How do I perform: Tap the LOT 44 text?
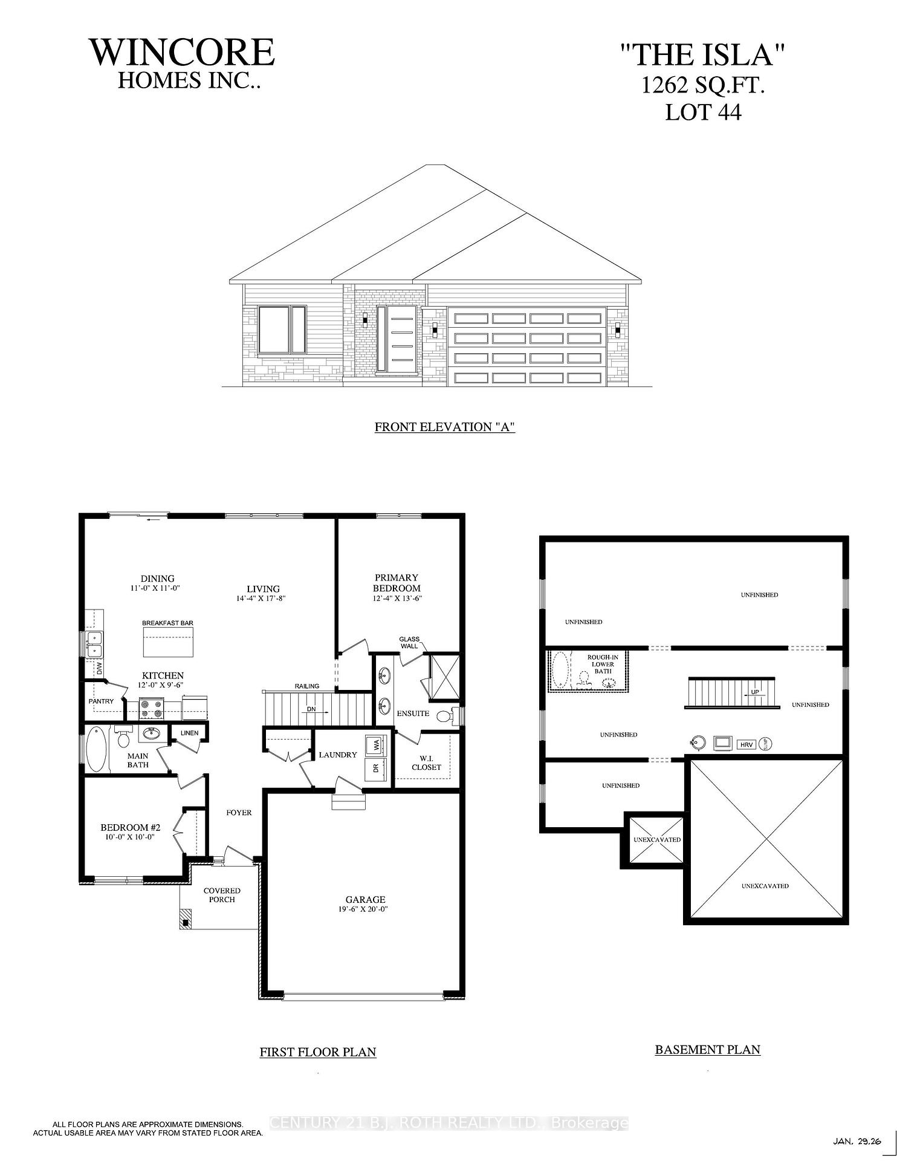pos(703,112)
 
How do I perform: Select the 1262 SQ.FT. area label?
pos(703,86)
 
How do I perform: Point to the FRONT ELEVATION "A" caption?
pos(444,427)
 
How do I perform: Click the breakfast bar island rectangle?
pos(169,642)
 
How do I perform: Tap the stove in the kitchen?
pos(151,709)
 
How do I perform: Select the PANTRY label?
pos(101,701)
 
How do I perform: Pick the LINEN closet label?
pos(189,733)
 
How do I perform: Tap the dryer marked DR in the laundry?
pos(376,769)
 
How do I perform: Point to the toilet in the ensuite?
pos(444,717)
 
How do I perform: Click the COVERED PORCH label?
pos(222,895)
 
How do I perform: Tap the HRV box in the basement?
pos(746,745)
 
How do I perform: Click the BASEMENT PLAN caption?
pos(707,1050)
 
